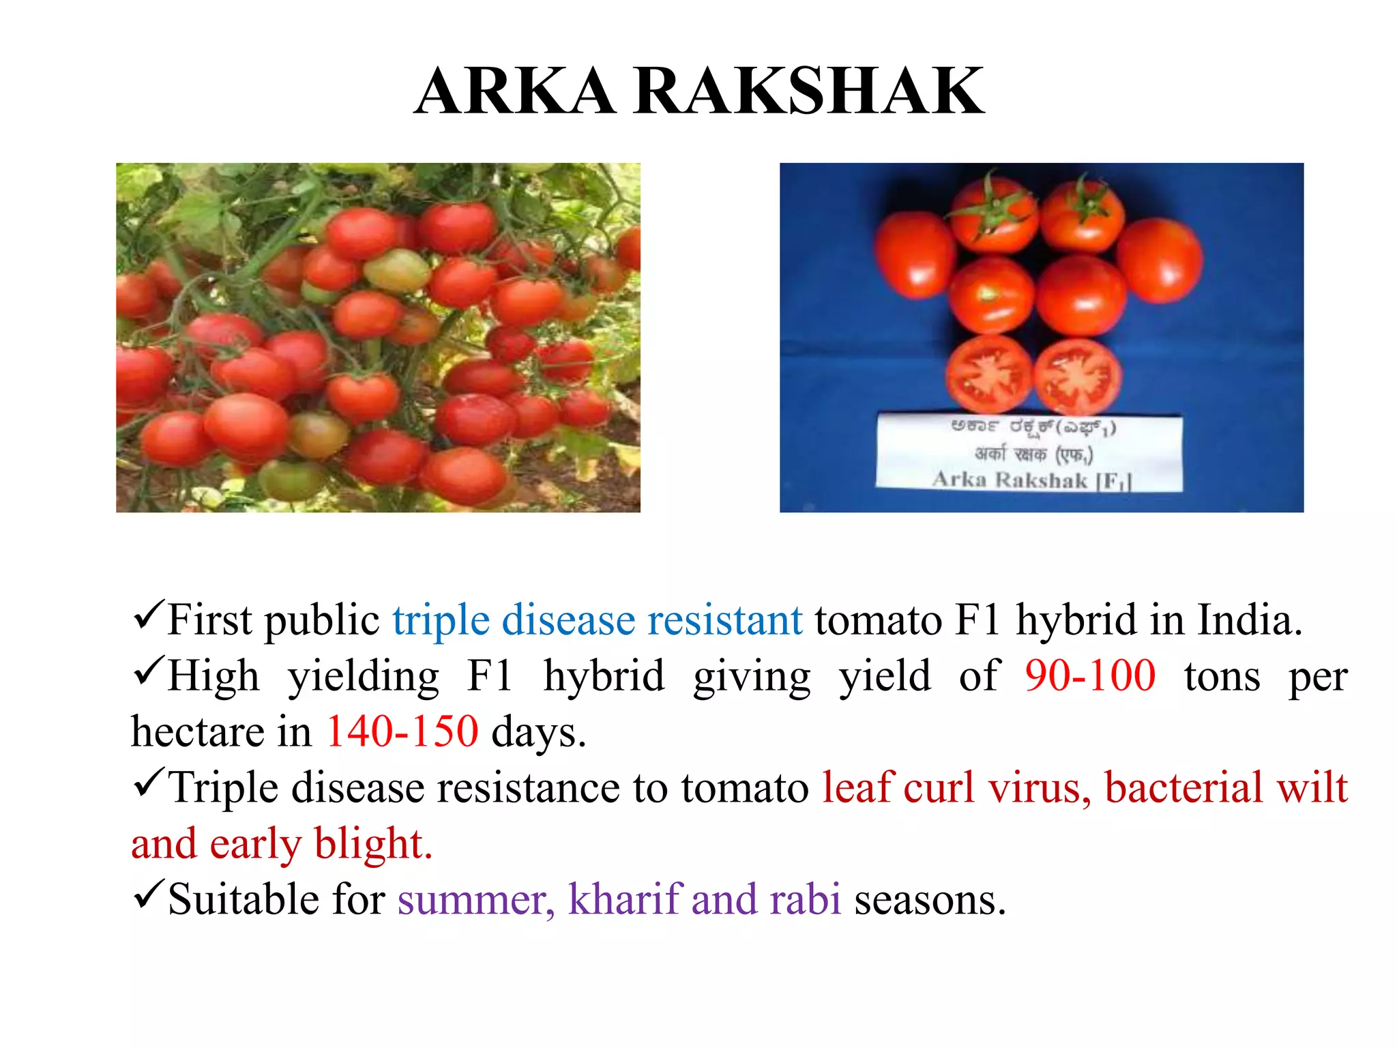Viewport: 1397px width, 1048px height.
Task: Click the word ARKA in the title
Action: [515, 91]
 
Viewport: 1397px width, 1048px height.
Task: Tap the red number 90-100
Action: [1089, 676]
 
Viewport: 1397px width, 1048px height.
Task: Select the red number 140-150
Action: [402, 732]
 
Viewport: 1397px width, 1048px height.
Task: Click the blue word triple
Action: [441, 621]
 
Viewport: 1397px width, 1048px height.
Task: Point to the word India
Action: [1250, 620]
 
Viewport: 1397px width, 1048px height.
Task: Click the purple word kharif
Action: [625, 899]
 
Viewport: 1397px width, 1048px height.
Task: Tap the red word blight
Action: [373, 844]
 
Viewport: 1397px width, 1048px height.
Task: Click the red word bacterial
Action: [1183, 788]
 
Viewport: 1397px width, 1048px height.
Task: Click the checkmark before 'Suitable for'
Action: [148, 894]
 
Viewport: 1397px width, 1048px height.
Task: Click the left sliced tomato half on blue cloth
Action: [988, 375]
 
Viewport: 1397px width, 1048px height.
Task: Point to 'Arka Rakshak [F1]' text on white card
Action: [1031, 480]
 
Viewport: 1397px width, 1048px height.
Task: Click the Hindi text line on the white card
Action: [1033, 454]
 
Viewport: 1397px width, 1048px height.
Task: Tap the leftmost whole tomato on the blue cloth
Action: [914, 254]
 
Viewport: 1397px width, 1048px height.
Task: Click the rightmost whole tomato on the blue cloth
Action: [1159, 260]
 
